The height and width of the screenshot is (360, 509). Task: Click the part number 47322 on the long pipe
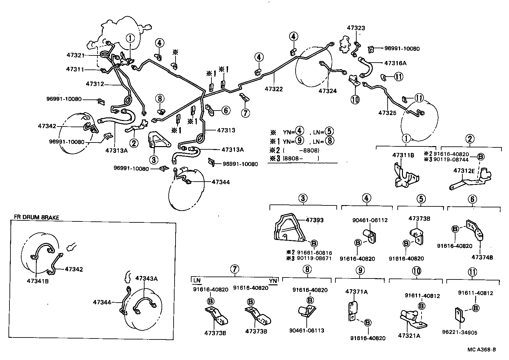coord(273,89)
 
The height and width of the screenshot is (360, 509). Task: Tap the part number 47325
coord(387,113)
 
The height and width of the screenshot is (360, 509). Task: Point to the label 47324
coord(328,91)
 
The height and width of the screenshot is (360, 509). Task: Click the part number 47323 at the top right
coord(356,28)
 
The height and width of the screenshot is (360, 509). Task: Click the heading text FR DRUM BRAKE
coord(37,217)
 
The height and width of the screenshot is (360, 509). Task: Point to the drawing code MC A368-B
coord(481,350)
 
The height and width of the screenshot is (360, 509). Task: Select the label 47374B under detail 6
coord(482,257)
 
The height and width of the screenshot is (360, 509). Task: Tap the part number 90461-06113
coord(307,330)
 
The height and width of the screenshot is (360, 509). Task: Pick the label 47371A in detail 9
coord(356,292)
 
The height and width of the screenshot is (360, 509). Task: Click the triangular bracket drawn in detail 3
coord(289,228)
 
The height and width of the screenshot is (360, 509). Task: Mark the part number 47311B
coord(403,156)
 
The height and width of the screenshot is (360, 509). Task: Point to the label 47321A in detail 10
coord(409,335)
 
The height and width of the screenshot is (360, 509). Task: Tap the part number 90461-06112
coord(370,220)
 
